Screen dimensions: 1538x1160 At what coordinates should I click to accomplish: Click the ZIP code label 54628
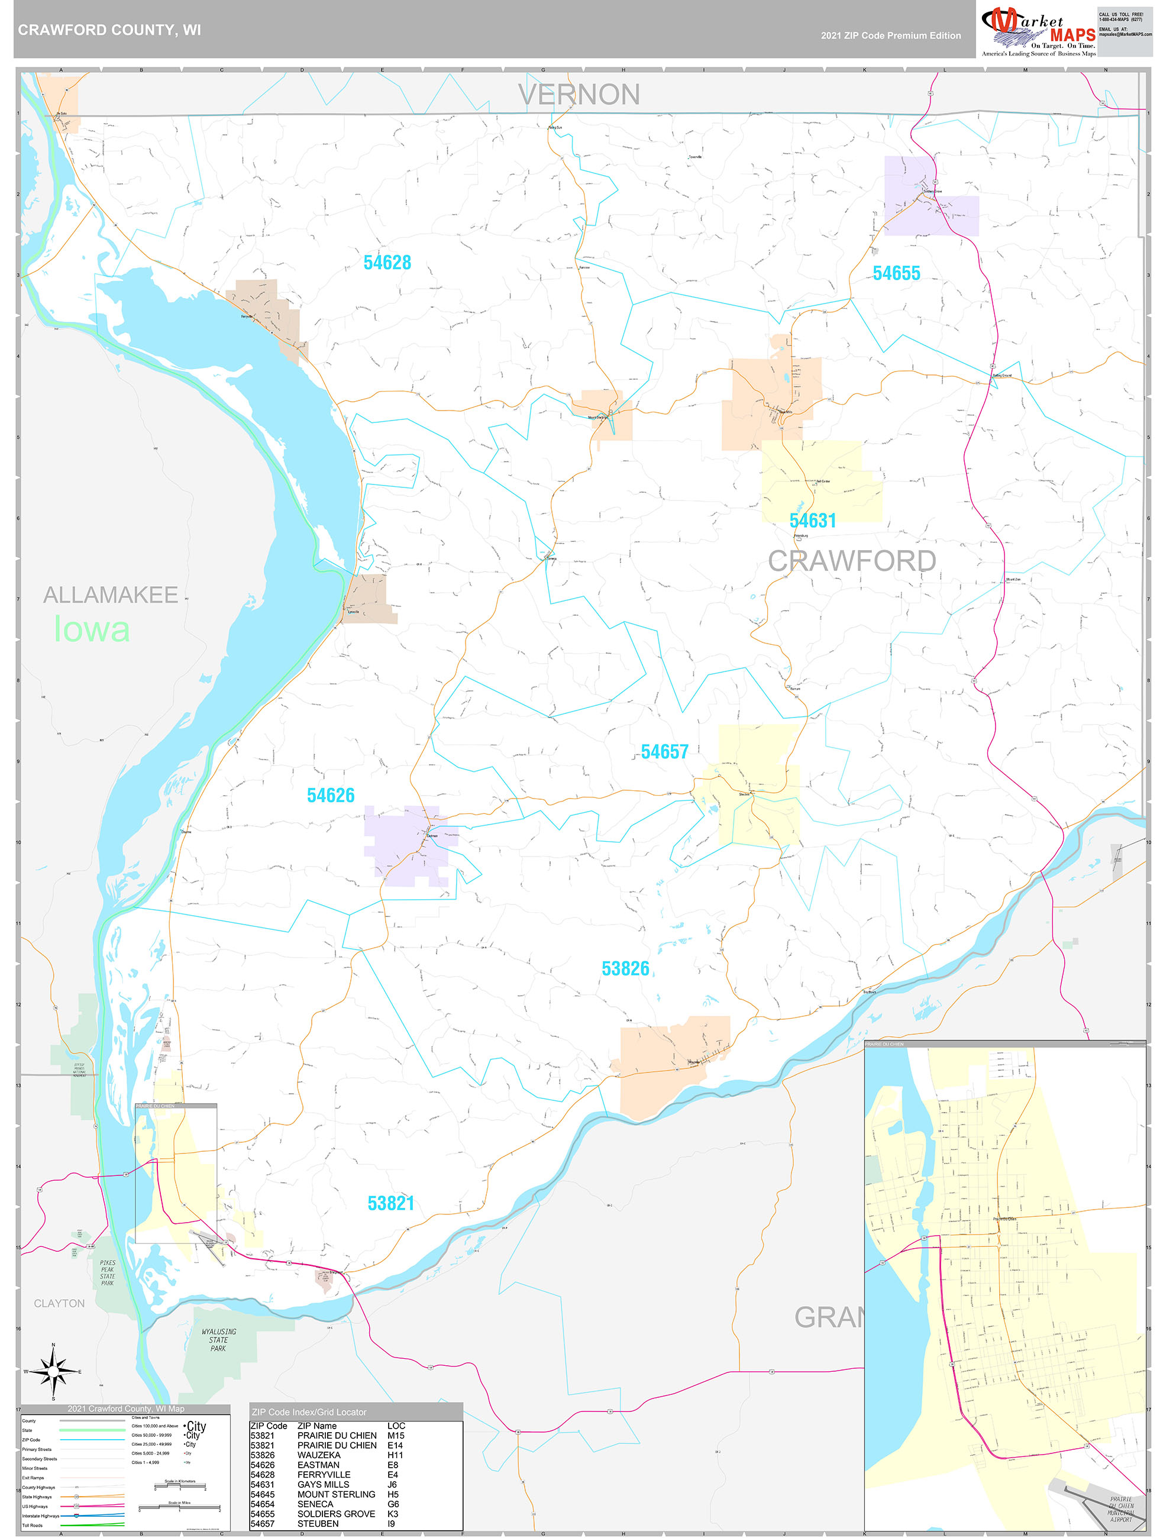(387, 262)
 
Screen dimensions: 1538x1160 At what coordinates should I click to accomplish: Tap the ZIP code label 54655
(896, 273)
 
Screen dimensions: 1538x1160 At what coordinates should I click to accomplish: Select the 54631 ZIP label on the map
(812, 520)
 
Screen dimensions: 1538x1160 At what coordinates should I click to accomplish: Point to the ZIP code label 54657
(664, 752)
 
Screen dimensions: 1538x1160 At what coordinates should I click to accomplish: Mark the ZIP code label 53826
(625, 968)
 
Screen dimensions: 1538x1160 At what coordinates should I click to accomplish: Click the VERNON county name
(579, 95)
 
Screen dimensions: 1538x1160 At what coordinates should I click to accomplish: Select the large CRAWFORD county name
(851, 561)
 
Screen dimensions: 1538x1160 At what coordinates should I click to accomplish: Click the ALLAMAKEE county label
(111, 594)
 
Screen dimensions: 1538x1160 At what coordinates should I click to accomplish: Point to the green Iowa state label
(91, 629)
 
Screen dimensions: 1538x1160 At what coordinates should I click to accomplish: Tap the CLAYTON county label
(59, 1303)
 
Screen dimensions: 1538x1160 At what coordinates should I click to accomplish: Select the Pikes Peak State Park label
(107, 1272)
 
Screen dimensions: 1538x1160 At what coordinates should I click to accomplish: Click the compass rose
(53, 1371)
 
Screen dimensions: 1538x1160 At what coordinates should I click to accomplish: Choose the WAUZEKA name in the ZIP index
(318, 1455)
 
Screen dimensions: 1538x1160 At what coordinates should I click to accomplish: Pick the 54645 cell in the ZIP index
(262, 1494)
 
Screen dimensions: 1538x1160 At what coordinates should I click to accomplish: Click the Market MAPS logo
(1038, 31)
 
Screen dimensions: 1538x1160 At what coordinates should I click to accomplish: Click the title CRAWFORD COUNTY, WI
(109, 30)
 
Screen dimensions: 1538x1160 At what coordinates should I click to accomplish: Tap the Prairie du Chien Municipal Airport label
(1120, 1509)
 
